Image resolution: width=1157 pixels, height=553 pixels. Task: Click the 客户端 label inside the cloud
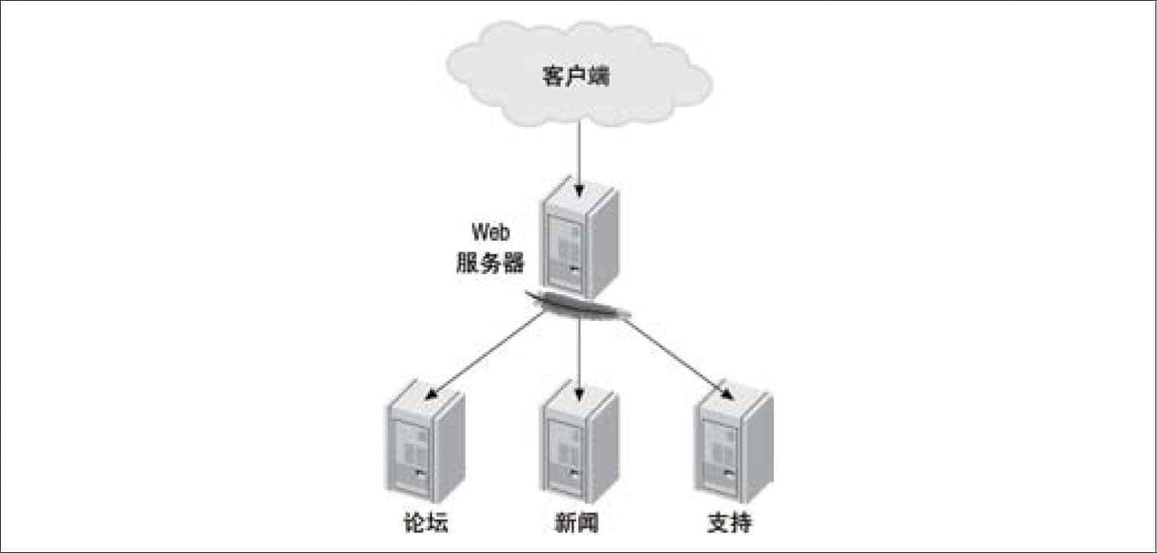(x=576, y=77)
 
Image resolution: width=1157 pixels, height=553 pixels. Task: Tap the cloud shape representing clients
(x=579, y=73)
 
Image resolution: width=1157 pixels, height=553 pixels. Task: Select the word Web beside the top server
(x=491, y=232)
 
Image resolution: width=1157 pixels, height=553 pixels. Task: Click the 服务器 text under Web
(x=490, y=262)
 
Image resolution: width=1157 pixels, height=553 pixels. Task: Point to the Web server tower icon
(x=579, y=236)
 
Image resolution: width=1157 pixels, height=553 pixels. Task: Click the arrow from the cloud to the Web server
(x=579, y=159)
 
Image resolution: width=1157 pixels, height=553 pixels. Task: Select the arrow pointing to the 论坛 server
(x=484, y=357)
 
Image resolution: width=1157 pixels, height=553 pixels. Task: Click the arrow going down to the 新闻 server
(x=579, y=360)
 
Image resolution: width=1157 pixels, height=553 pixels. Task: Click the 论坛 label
(x=426, y=523)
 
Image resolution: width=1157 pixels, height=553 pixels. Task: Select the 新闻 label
(x=576, y=523)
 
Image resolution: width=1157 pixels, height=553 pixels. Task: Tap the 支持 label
(x=729, y=523)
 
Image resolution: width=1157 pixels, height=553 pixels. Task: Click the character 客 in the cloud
(x=553, y=77)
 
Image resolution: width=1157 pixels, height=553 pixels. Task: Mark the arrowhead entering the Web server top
(x=579, y=190)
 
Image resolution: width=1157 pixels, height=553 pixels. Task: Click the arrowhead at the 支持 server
(x=728, y=395)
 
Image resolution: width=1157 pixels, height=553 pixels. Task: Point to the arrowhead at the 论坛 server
(x=430, y=395)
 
